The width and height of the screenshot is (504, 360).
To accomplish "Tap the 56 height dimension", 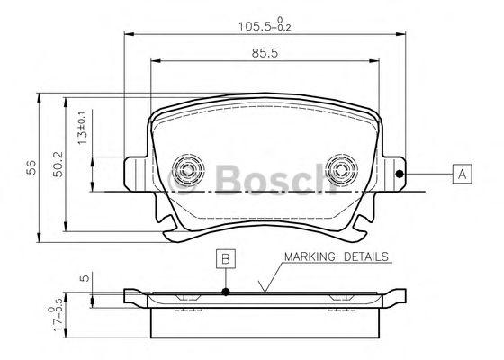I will [30, 166].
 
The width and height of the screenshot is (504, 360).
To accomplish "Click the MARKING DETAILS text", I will [336, 256].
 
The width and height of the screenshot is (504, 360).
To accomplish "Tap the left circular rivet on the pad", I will [188, 169].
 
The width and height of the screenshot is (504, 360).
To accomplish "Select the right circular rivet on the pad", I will [342, 169].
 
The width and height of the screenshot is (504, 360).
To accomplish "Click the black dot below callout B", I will [226, 292].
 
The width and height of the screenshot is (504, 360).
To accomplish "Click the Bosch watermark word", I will [270, 178].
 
